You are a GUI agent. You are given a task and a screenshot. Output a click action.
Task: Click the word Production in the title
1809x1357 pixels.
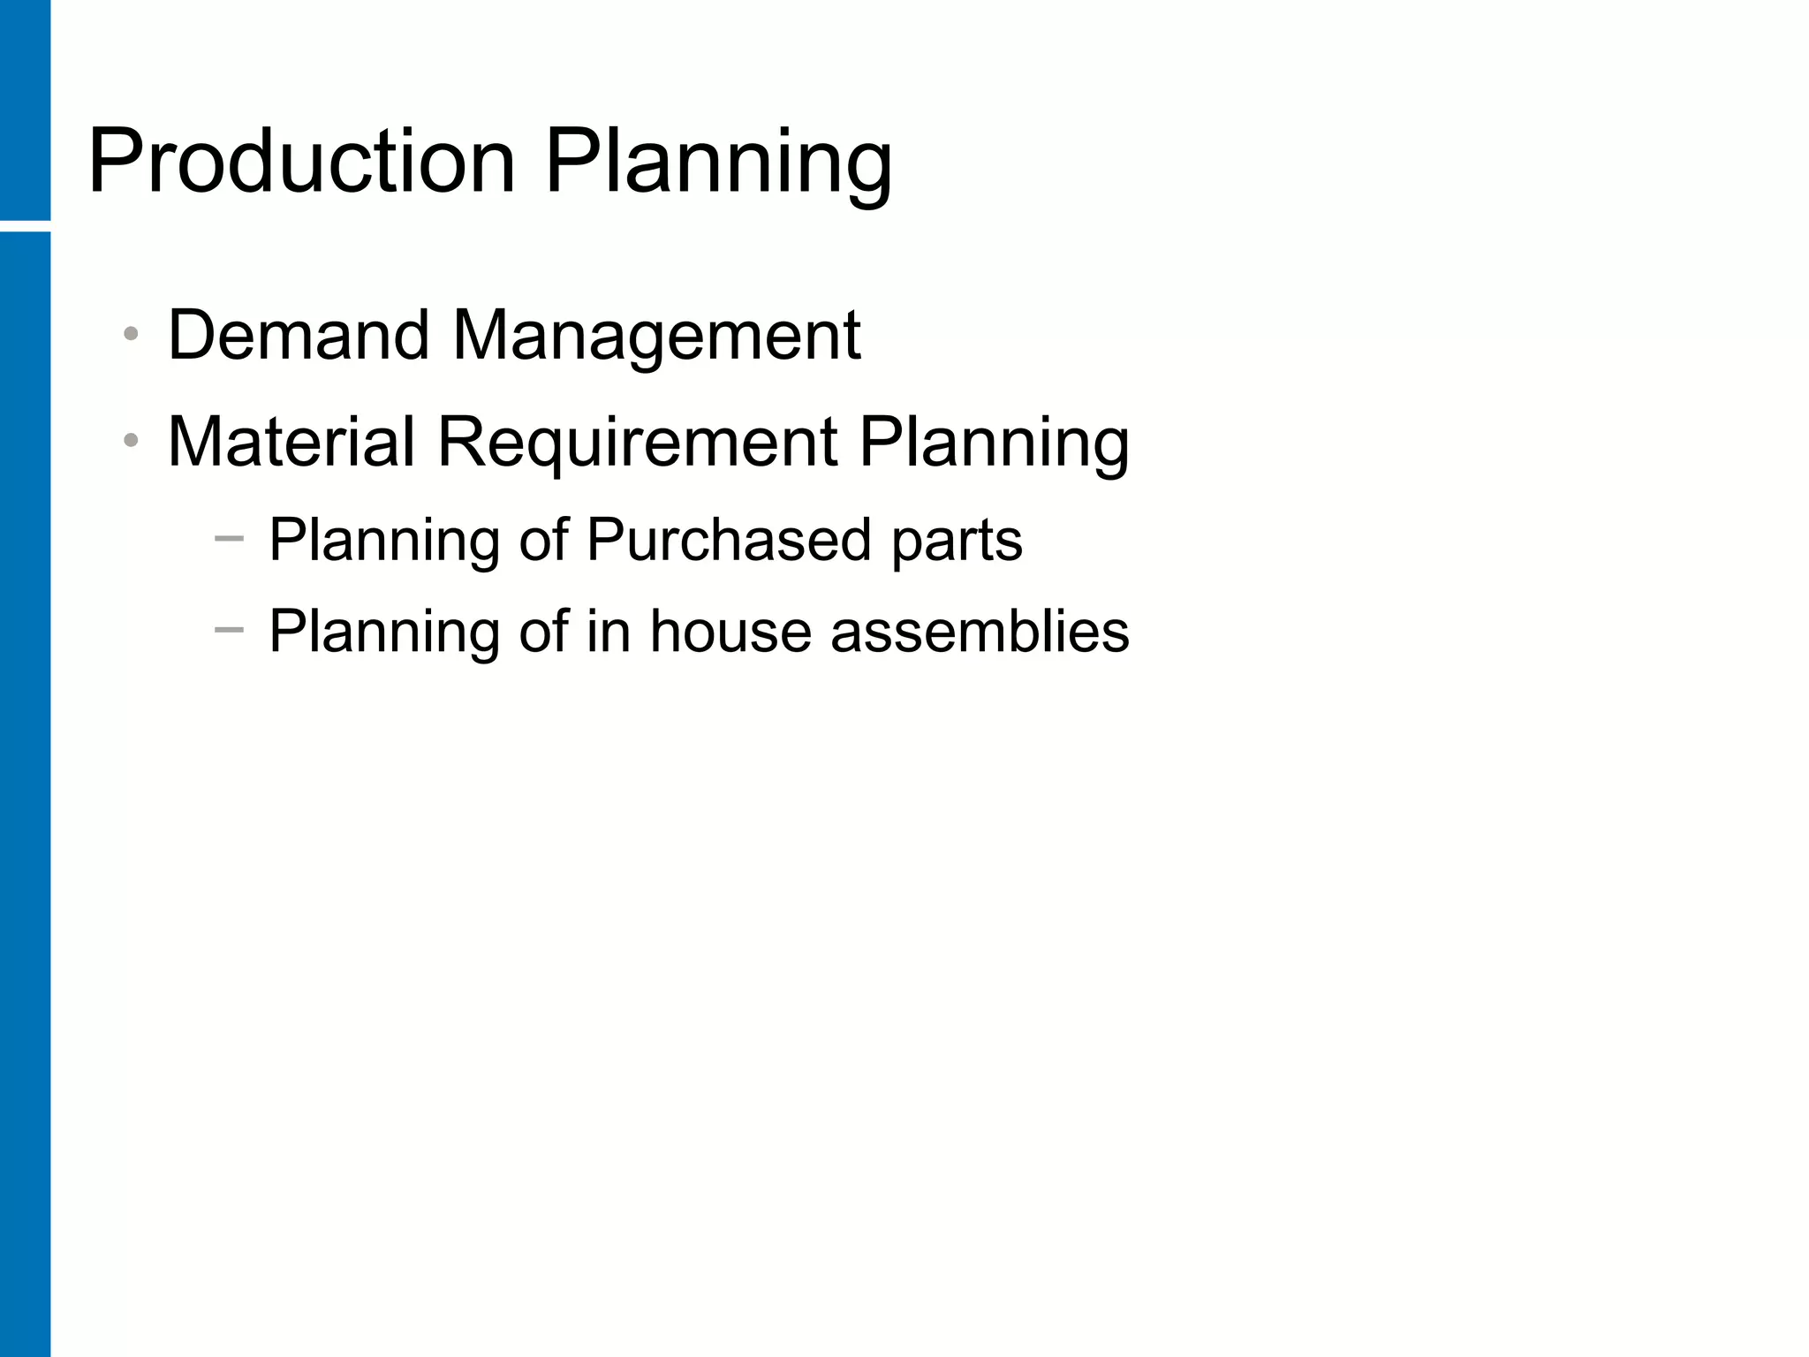[x=301, y=162]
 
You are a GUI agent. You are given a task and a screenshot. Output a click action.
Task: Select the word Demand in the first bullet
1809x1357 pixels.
[x=299, y=335]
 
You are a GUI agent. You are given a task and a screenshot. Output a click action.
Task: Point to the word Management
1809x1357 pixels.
[x=655, y=337]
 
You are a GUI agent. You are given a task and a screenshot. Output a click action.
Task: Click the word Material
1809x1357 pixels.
[x=291, y=441]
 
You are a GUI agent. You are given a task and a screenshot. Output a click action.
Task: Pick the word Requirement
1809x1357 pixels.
[x=637, y=443]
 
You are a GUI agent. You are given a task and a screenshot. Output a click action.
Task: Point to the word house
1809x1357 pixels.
[x=730, y=631]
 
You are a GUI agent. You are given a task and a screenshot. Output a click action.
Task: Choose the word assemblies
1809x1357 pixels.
[x=980, y=631]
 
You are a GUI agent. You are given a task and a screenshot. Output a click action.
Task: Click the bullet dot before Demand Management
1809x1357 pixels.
[x=132, y=334]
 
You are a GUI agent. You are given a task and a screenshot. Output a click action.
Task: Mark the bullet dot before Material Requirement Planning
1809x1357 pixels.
[x=132, y=440]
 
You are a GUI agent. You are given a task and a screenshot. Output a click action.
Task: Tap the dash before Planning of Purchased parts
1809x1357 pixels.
[x=229, y=537]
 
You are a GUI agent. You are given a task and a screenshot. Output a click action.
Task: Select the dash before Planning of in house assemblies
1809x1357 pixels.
[x=229, y=629]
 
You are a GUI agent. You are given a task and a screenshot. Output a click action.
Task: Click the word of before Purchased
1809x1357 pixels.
[x=543, y=539]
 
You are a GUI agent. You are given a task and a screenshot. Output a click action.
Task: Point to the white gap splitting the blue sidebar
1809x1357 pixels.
[x=25, y=226]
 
